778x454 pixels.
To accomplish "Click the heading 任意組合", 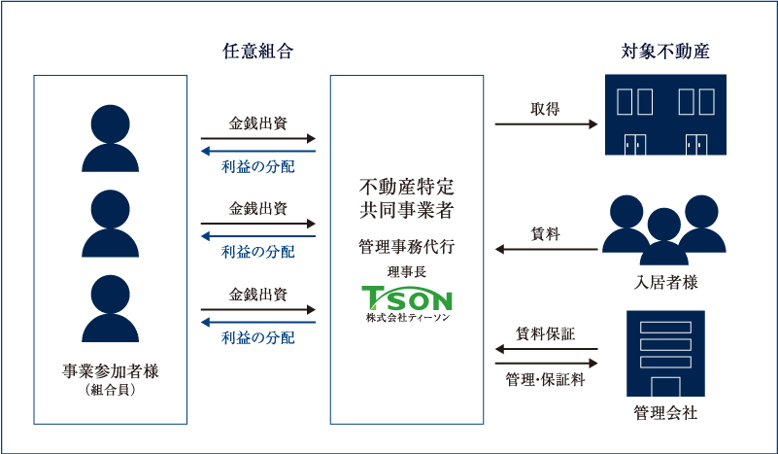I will (258, 52).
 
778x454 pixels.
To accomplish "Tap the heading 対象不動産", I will (665, 52).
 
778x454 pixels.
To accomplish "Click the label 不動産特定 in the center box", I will (407, 185).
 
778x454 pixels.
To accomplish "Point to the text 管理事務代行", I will (407, 247).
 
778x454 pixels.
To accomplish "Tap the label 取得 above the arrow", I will (545, 108).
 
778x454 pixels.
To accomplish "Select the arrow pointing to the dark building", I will (546, 124).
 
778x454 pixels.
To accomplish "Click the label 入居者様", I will (665, 283).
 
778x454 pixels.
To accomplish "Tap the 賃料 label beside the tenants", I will (545, 233).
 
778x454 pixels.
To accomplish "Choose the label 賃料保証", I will (545, 333).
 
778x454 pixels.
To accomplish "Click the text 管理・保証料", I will (545, 380).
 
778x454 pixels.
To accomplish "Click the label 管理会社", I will (665, 412).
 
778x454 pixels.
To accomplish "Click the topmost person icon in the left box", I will (110, 137).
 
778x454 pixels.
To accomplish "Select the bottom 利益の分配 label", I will (258, 338).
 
